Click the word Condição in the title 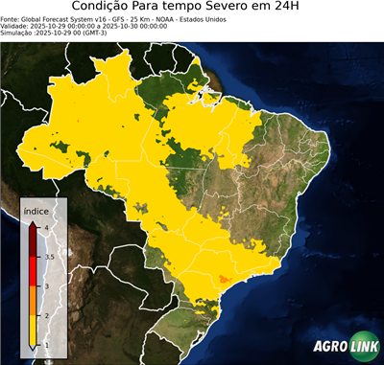tap(106, 8)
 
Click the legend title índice tap(36, 210)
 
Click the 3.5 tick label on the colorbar tap(48, 257)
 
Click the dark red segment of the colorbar tap(34, 241)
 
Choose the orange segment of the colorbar tap(34, 300)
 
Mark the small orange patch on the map tap(225, 279)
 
